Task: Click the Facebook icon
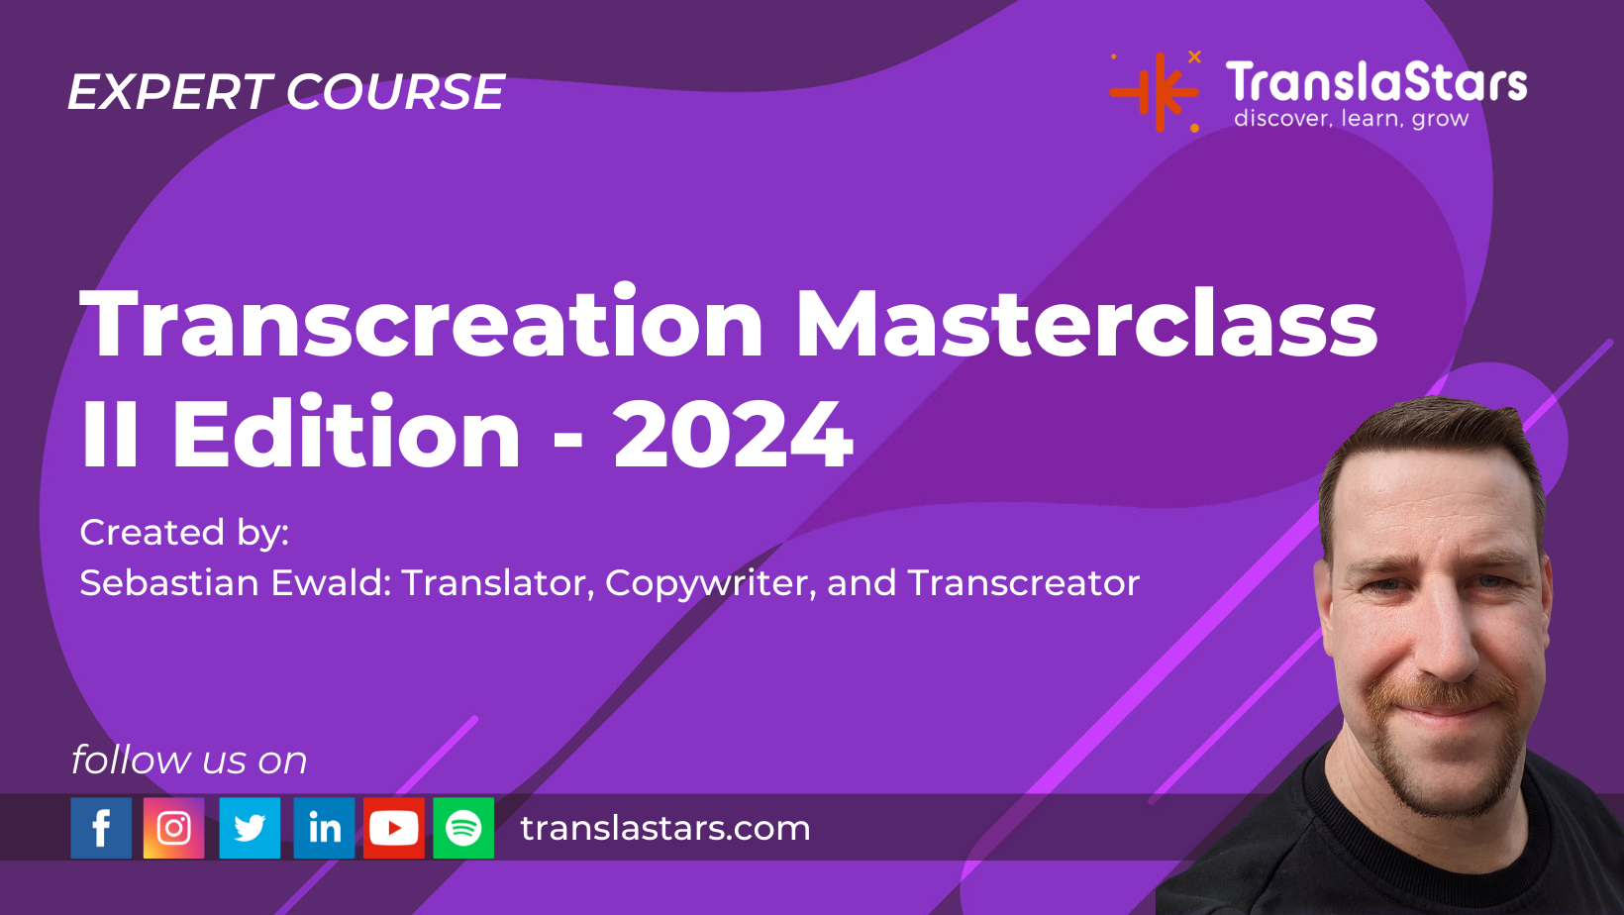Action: [101, 828]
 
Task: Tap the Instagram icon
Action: [174, 828]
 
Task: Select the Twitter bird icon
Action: [250, 828]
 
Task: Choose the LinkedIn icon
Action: [324, 828]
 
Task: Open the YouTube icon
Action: [394, 828]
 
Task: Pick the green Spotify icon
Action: [463, 828]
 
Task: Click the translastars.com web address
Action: [665, 828]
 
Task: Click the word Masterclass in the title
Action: [1086, 325]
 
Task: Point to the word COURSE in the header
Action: [396, 92]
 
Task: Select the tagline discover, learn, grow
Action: [1351, 119]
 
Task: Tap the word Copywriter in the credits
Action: [710, 583]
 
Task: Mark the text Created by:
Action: [184, 533]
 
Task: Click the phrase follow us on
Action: [189, 761]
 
